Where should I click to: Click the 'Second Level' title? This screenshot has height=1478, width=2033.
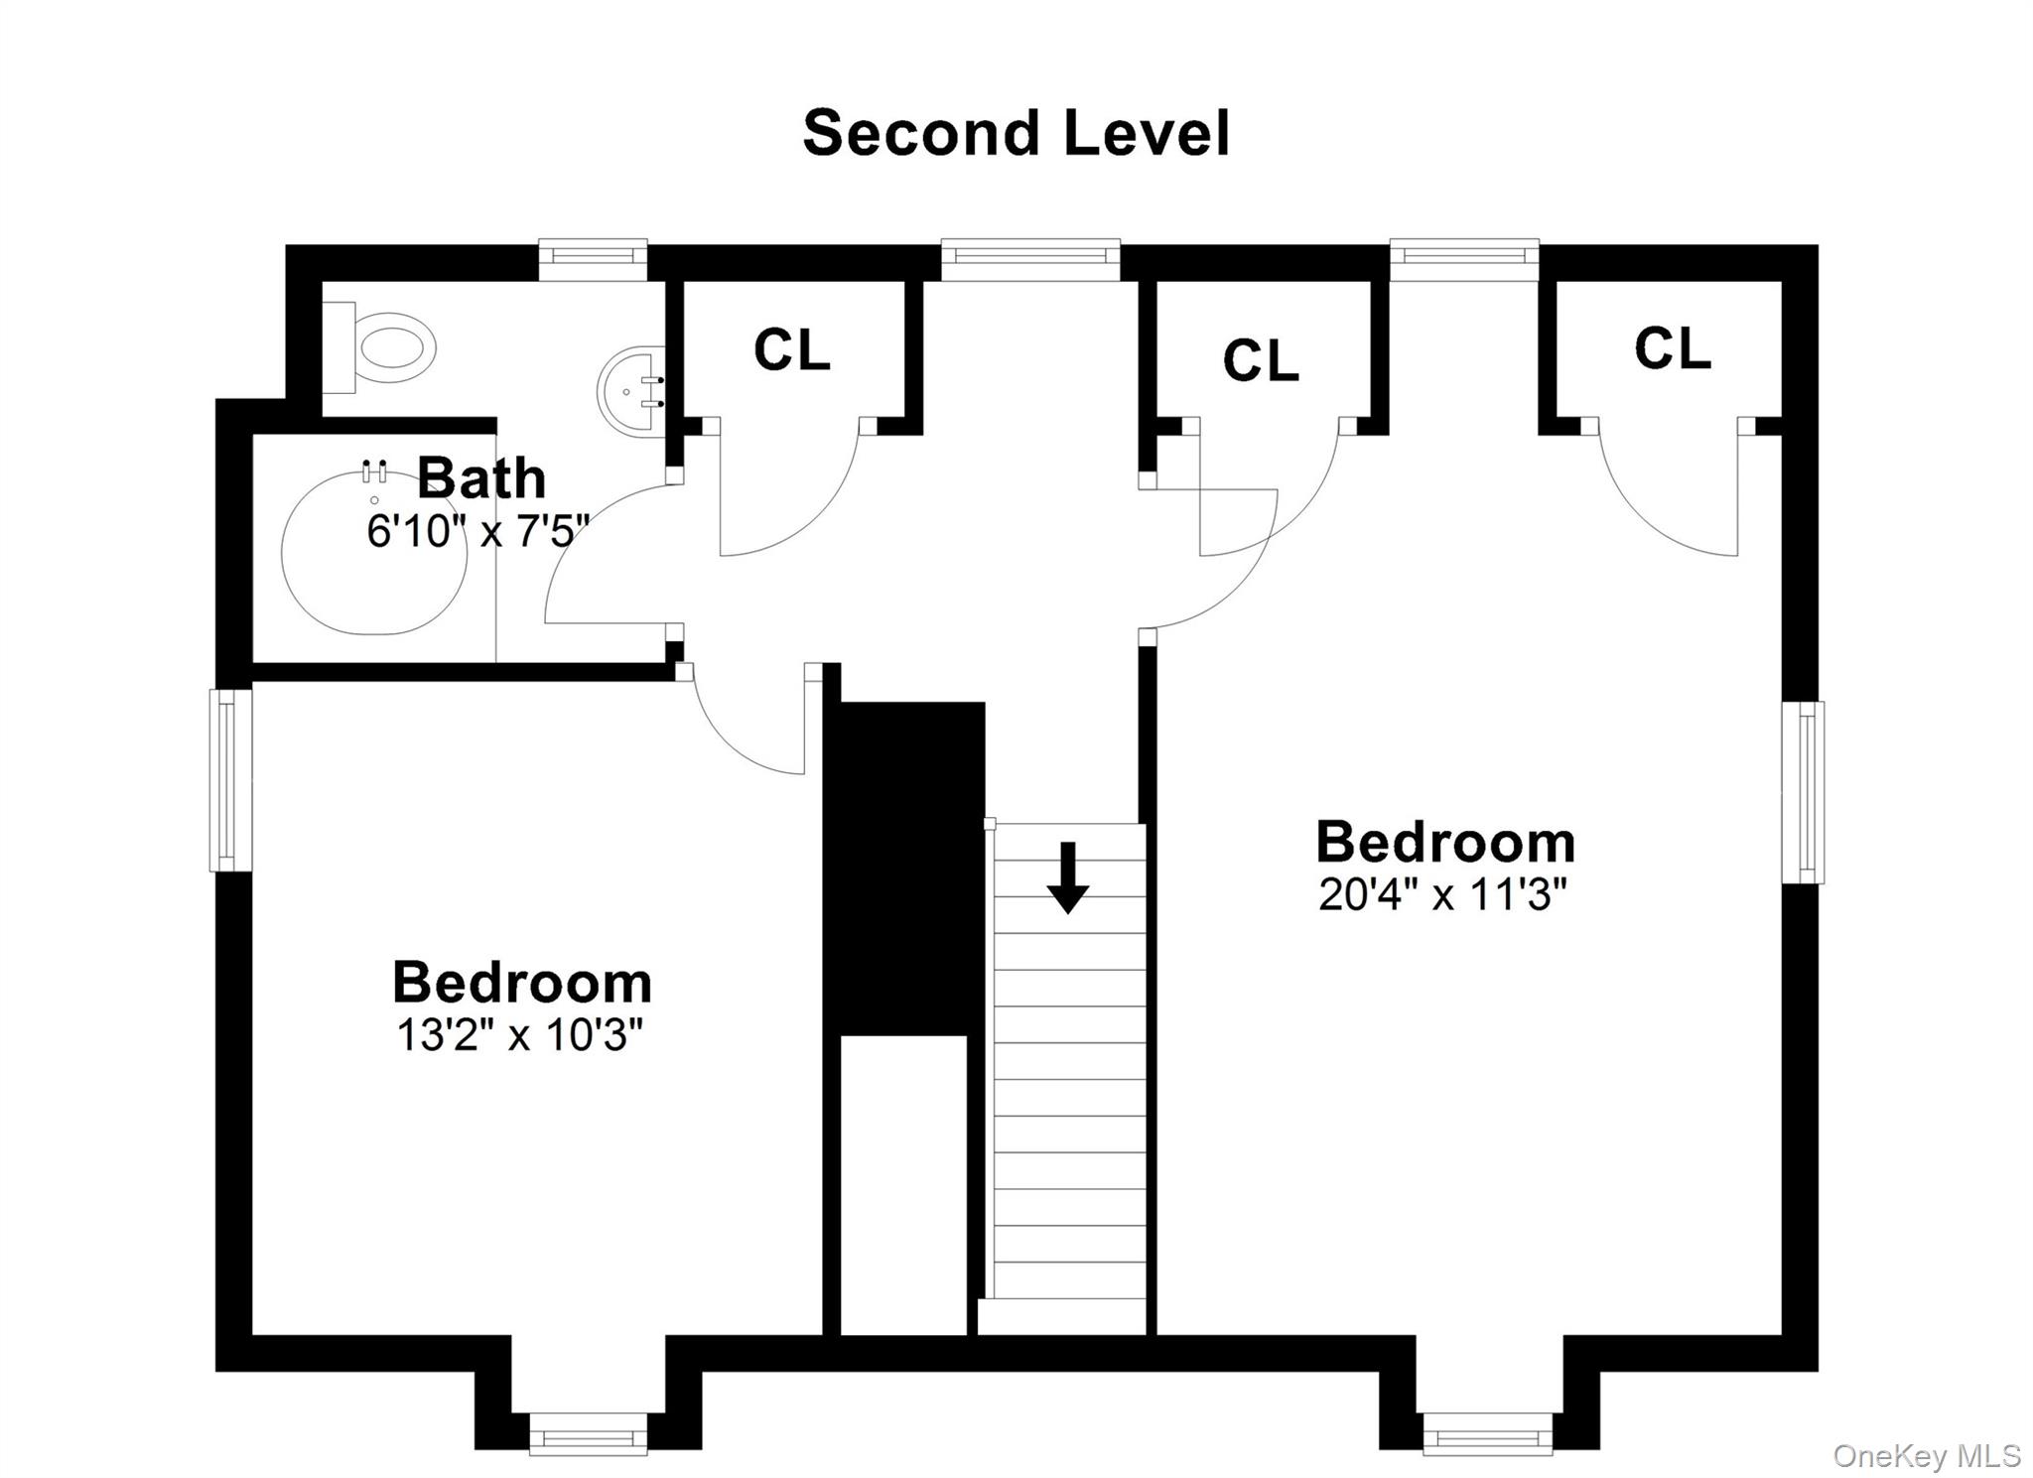click(x=1016, y=134)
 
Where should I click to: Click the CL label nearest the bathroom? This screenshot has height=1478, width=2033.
click(x=791, y=349)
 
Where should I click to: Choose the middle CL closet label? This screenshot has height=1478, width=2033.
click(x=1260, y=360)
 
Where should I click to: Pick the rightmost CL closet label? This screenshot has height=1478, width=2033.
click(x=1672, y=349)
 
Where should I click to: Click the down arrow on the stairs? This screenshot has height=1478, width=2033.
click(x=1068, y=877)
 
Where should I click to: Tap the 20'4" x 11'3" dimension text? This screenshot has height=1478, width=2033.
click(x=1441, y=895)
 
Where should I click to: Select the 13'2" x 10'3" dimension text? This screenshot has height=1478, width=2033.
click(x=520, y=1036)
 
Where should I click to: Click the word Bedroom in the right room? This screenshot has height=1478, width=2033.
click(x=1444, y=843)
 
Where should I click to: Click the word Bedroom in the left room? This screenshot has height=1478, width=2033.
click(x=522, y=983)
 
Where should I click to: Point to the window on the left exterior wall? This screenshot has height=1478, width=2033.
click(x=230, y=780)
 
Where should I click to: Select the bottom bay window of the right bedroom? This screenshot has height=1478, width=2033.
click(x=1487, y=1435)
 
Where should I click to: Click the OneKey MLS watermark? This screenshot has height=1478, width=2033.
click(x=1926, y=1456)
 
